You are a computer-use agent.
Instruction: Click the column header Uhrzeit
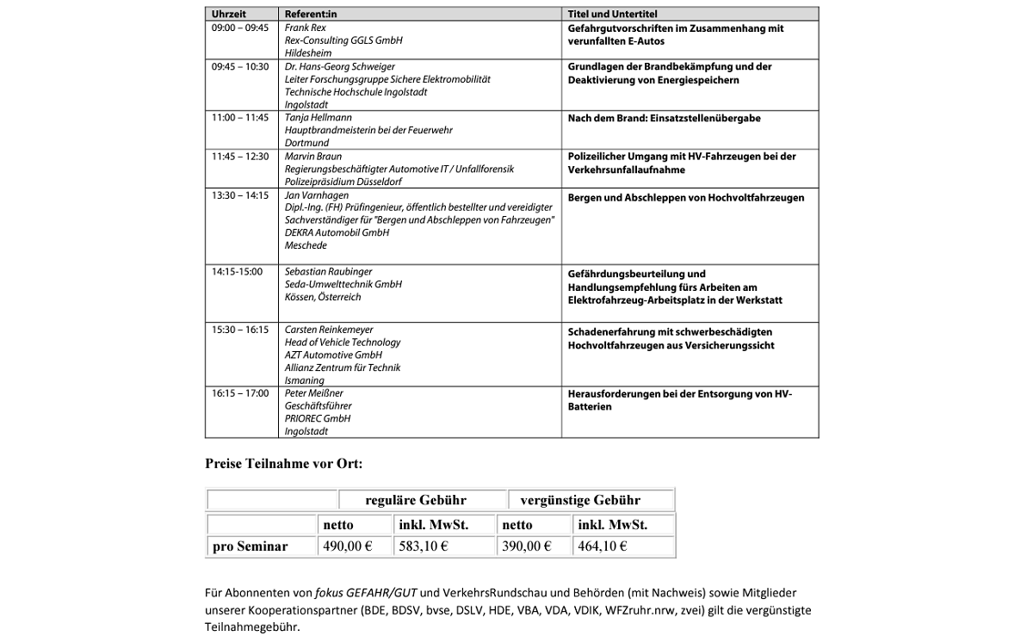pyautogui.click(x=228, y=15)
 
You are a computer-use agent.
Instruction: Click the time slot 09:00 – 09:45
pyautogui.click(x=240, y=28)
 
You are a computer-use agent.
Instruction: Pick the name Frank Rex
pyautogui.click(x=306, y=28)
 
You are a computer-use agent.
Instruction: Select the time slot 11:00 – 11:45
pyautogui.click(x=240, y=118)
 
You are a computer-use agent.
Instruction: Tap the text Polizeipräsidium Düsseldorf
pyautogui.click(x=343, y=182)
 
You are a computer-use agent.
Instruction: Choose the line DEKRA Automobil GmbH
pyautogui.click(x=337, y=232)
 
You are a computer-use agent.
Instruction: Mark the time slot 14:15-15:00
pyautogui.click(x=237, y=272)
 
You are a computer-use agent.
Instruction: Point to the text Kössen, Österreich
pyautogui.click(x=323, y=297)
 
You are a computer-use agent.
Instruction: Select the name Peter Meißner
pyautogui.click(x=314, y=393)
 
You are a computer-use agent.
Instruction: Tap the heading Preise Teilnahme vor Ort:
pyautogui.click(x=283, y=464)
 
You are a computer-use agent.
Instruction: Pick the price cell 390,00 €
pyautogui.click(x=527, y=546)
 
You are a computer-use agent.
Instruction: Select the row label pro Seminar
pyautogui.click(x=251, y=546)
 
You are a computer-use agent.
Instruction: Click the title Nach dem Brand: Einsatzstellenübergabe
pyautogui.click(x=664, y=119)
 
